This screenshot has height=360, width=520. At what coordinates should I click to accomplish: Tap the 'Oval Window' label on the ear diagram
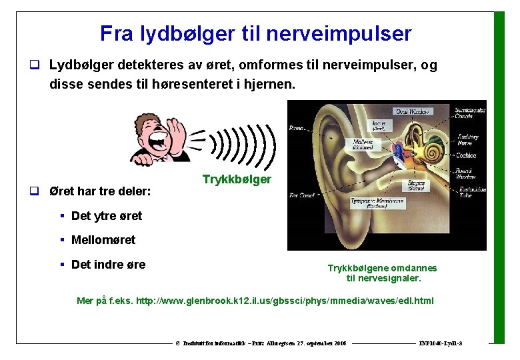(x=412, y=111)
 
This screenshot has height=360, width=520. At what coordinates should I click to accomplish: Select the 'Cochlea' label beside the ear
(x=466, y=155)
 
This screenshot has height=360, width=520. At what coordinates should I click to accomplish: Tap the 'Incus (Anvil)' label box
(x=379, y=125)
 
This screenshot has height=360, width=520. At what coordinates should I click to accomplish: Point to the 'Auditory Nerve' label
(x=467, y=139)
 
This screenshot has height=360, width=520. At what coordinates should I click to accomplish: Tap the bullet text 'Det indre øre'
(x=108, y=264)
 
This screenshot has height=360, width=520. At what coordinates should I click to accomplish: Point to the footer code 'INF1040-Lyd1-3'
(x=441, y=343)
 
